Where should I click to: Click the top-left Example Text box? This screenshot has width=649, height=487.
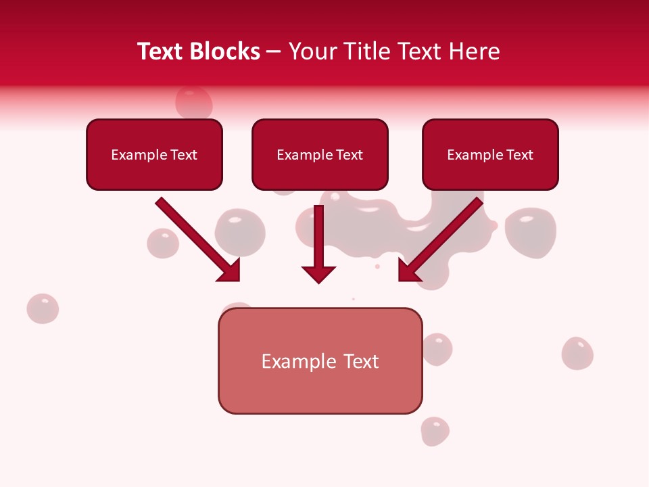pos(154,155)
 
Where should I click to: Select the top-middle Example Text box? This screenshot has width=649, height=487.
pos(320,155)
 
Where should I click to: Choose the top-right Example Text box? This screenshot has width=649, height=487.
pos(490,155)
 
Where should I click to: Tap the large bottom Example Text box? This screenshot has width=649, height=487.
pos(320,361)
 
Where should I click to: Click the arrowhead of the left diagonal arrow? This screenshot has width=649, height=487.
pos(230,271)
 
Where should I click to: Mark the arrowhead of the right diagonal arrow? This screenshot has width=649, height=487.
pos(408,271)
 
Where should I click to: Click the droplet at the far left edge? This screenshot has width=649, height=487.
pos(43,308)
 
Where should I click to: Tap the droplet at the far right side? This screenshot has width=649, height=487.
pos(577,353)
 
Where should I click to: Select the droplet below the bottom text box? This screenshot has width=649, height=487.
pos(435,431)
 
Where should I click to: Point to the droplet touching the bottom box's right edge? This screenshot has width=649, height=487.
pos(437,349)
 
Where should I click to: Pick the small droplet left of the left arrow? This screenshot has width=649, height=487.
pos(163,243)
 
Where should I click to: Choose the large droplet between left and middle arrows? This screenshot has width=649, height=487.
pos(240,231)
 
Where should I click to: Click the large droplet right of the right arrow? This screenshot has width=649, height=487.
pos(531,231)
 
